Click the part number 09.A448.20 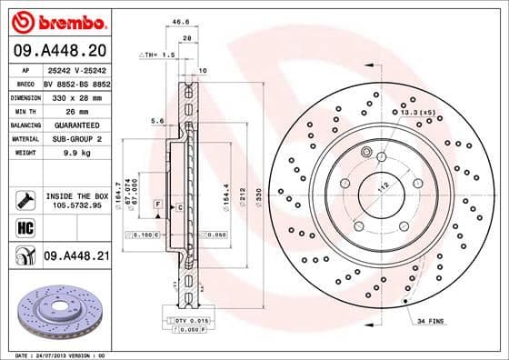pyautogui.click(x=57, y=51)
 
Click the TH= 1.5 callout pyautogui.click(x=158, y=55)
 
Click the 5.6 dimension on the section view pyautogui.click(x=156, y=119)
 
